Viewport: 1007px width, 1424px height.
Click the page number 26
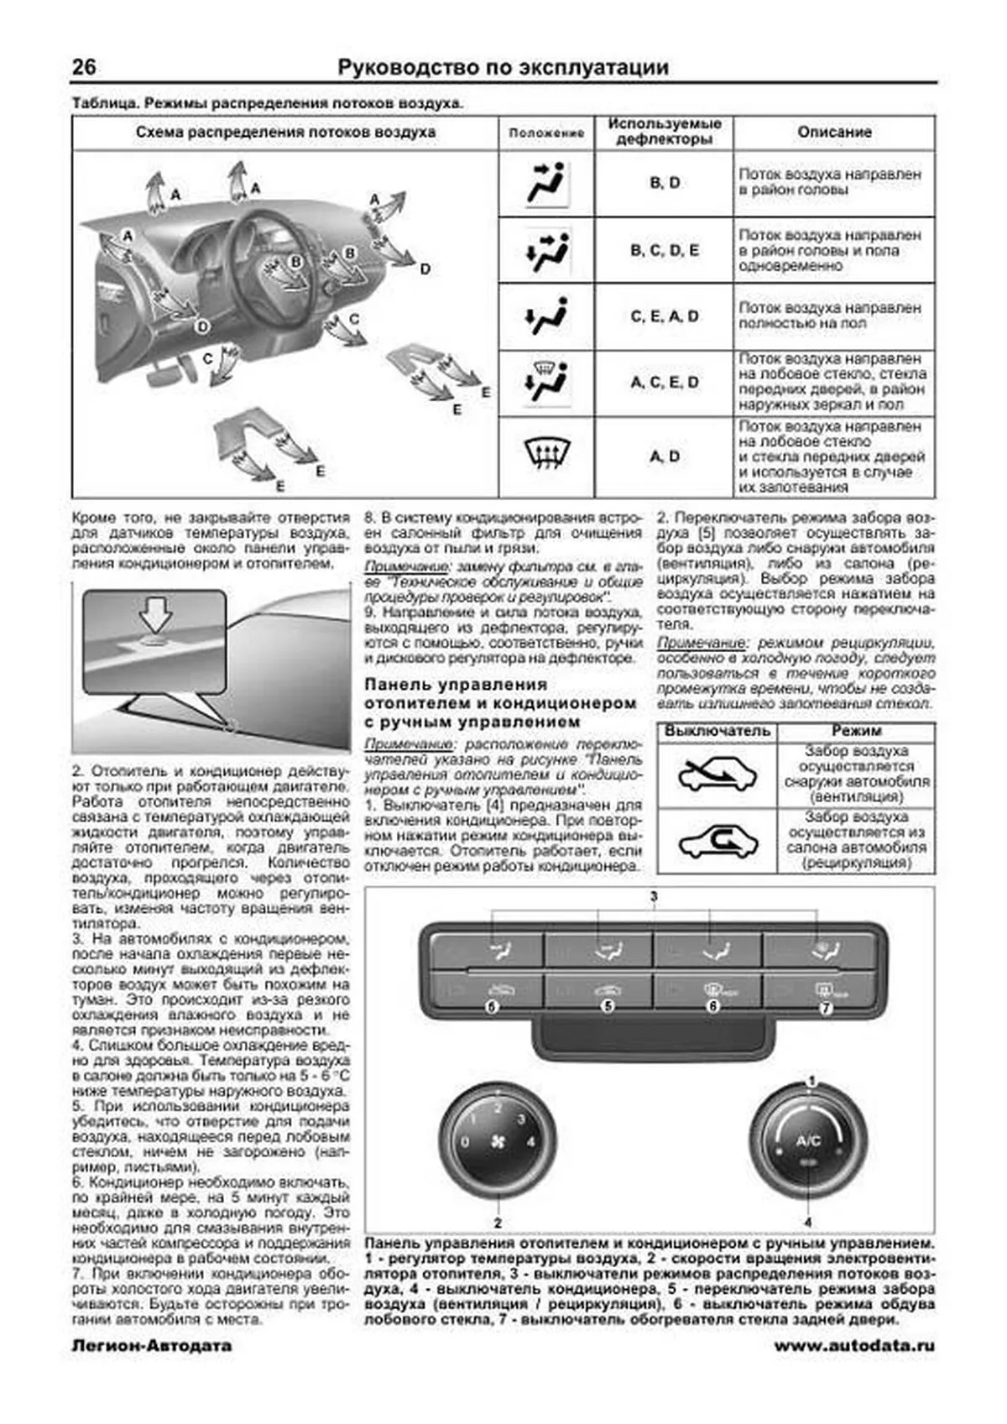pyautogui.click(x=84, y=67)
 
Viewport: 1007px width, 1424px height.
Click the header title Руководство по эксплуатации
pyautogui.click(x=503, y=68)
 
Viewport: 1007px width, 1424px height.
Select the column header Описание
pyautogui.click(x=833, y=133)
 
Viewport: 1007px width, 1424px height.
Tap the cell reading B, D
pyautogui.click(x=665, y=183)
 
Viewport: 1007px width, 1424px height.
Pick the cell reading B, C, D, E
pyautogui.click(x=665, y=250)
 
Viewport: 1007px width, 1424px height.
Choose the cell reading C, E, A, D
pyautogui.click(x=665, y=316)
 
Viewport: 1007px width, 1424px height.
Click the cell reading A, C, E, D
pyautogui.click(x=665, y=383)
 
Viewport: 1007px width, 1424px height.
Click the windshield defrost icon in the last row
pyautogui.click(x=546, y=456)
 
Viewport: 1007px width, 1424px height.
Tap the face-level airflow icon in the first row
pyautogui.click(x=546, y=183)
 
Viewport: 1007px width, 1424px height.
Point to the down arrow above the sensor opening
pyautogui.click(x=155, y=619)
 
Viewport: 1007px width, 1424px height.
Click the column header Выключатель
pyautogui.click(x=717, y=731)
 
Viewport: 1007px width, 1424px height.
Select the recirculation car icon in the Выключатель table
pyautogui.click(x=717, y=842)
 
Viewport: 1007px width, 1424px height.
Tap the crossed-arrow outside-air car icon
pyautogui.click(x=717, y=775)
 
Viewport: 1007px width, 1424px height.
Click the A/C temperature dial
pyautogui.click(x=807, y=1143)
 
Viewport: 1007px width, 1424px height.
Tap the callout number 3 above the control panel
pyautogui.click(x=654, y=897)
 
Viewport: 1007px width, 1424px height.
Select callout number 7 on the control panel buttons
pyautogui.click(x=827, y=1008)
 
